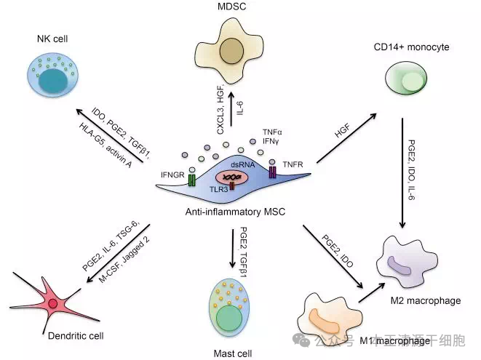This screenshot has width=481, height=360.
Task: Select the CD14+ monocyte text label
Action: [410, 47]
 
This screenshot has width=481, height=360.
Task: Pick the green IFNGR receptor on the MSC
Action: [193, 178]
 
